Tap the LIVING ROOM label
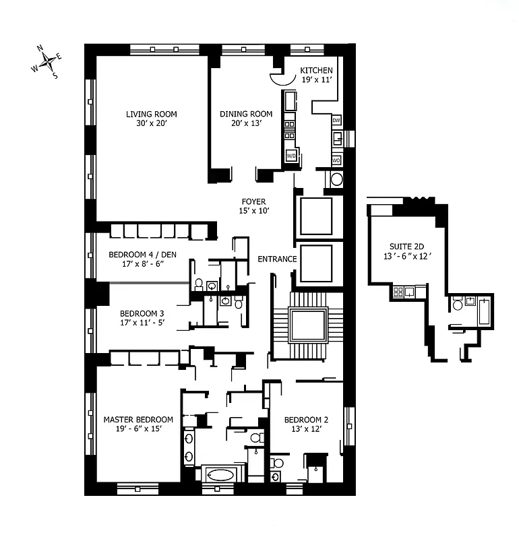152,114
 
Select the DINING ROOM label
246,114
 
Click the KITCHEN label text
316,71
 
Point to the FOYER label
254,201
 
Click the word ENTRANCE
277,259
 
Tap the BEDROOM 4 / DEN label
137,255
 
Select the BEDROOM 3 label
142,313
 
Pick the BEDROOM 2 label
306,418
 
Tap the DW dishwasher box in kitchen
336,121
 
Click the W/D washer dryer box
291,156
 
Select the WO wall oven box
336,161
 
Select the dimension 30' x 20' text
152,124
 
